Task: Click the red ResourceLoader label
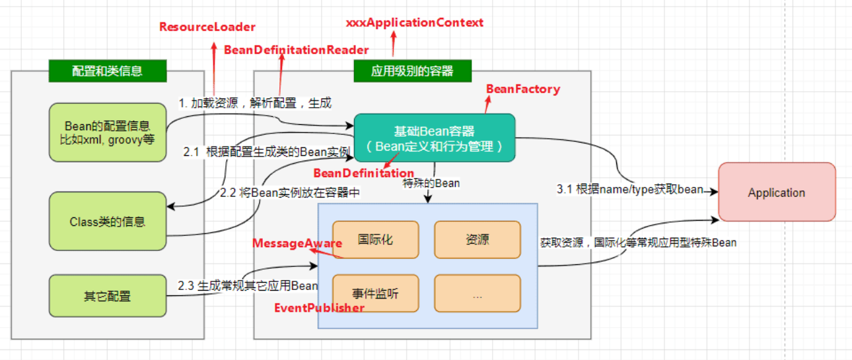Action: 207,27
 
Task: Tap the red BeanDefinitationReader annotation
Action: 296,50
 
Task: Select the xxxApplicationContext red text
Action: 415,22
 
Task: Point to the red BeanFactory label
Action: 522,89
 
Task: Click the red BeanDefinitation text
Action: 363,173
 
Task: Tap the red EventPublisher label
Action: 319,308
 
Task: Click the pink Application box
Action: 776,193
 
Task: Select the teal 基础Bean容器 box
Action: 435,138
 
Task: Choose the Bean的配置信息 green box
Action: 107,132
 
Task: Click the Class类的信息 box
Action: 107,222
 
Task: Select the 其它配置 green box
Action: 107,296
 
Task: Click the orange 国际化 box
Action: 375,239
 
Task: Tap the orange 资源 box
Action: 477,239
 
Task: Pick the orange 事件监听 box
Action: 375,293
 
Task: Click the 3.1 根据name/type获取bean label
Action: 630,190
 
